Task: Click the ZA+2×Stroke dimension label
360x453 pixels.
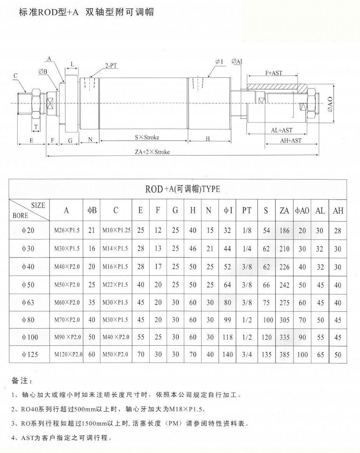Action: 152,152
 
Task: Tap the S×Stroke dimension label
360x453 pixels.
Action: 147,137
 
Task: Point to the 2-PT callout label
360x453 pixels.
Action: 111,66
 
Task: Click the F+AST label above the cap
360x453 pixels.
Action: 274,73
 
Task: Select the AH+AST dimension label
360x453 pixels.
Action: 291,141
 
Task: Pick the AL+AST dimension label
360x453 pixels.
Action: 282,130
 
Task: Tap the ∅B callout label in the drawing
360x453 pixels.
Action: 43,71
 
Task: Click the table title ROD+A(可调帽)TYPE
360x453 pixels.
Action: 183,189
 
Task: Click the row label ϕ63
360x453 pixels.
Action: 28,303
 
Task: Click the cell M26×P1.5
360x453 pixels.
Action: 67,231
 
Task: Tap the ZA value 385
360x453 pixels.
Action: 284,354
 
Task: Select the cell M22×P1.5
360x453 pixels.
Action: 115,285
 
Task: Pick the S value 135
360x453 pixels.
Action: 267,354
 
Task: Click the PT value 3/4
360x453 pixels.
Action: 247,354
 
